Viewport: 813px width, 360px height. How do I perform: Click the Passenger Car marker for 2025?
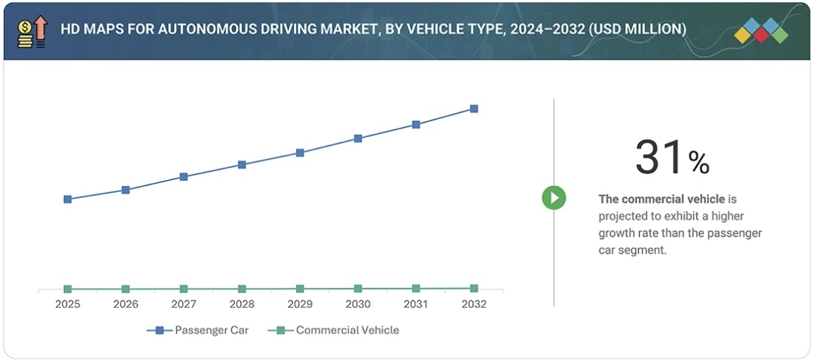pos(68,199)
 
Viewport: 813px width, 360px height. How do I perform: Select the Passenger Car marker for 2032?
pos(474,109)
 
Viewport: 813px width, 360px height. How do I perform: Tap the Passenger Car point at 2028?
pos(242,164)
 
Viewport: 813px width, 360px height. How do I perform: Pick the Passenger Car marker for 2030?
pos(358,138)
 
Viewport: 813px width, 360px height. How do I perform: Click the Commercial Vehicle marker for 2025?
pos(68,289)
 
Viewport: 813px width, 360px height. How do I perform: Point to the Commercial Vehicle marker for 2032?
pos(474,288)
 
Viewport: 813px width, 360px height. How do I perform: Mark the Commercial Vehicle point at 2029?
pos(300,289)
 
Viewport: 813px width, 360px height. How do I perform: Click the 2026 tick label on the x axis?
pos(126,304)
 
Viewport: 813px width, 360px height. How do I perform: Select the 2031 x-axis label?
pos(416,304)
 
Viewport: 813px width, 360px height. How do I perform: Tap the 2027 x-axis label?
pos(184,304)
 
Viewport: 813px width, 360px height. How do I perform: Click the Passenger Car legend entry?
pos(204,330)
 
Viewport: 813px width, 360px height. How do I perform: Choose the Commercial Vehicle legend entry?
pos(338,330)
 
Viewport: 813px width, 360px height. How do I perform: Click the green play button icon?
pos(553,198)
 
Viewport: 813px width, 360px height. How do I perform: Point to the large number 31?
pos(659,158)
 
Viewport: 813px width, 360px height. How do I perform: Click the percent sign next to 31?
pos(698,162)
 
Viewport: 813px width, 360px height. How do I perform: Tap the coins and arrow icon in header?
pos(32,31)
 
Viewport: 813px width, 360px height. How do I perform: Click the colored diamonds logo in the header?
pos(760,31)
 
